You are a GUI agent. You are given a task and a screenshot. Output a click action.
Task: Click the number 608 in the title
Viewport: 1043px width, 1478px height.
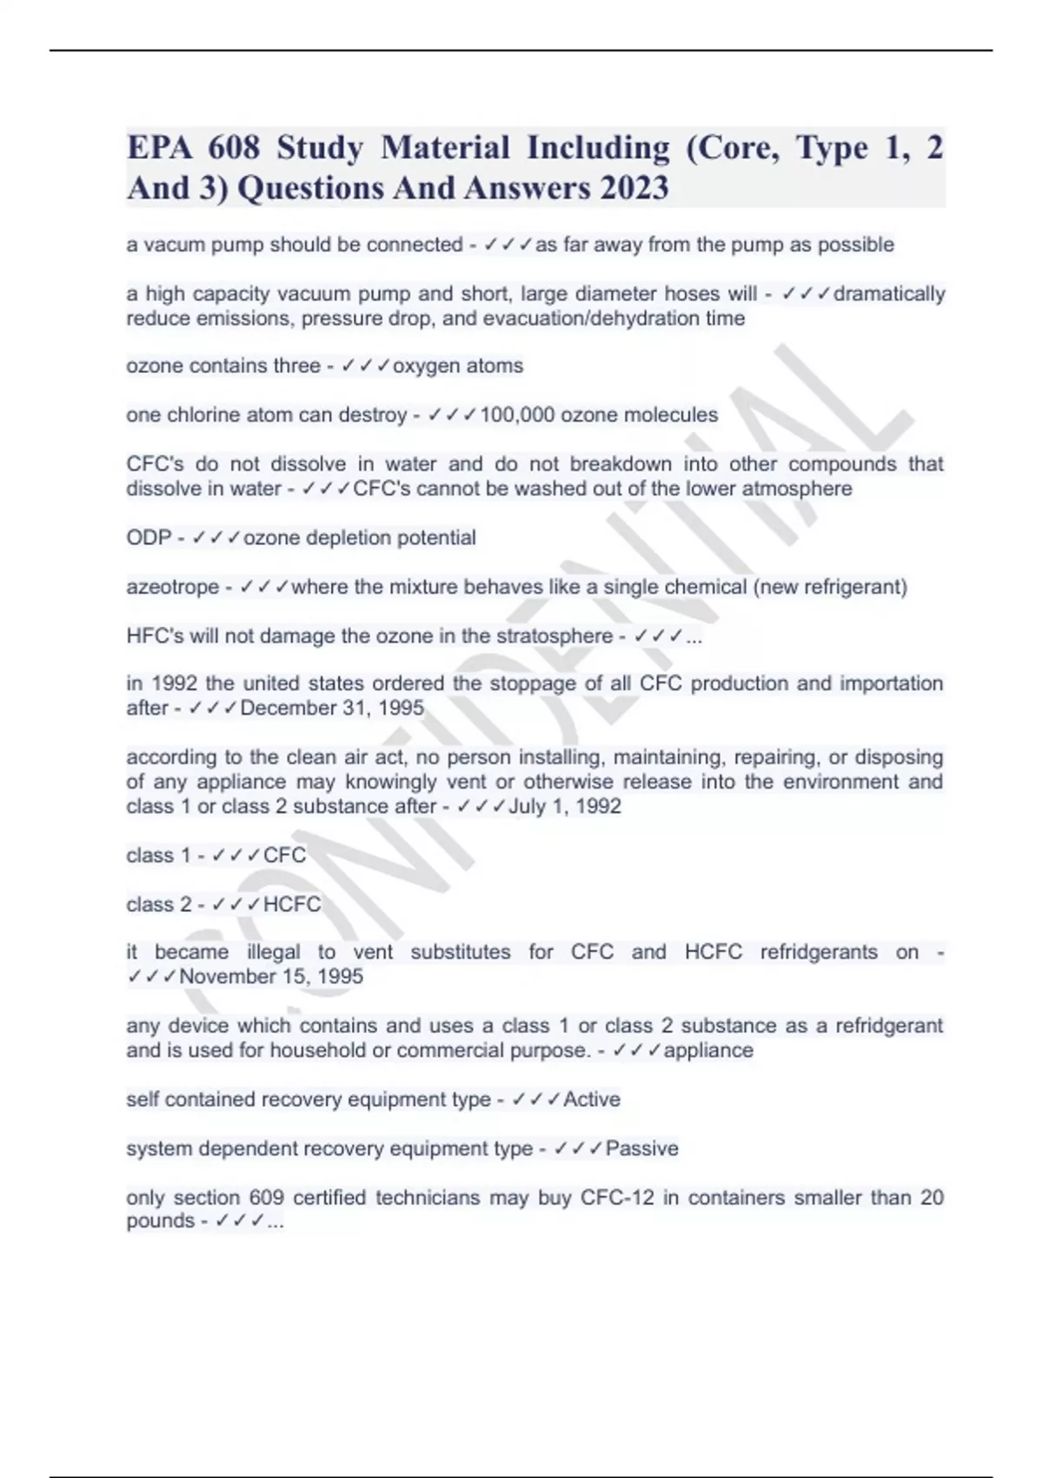(x=234, y=148)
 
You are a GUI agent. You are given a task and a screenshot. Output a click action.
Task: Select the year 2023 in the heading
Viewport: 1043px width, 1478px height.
(x=634, y=188)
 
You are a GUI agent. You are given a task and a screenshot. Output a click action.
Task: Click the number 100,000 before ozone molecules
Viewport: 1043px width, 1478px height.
(x=517, y=415)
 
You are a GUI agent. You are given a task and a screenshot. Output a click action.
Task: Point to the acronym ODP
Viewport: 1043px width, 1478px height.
(x=149, y=538)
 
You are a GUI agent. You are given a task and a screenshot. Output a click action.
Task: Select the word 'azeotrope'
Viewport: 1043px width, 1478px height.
(x=173, y=587)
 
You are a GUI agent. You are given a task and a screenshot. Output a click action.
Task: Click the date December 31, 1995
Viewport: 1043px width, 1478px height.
(x=332, y=708)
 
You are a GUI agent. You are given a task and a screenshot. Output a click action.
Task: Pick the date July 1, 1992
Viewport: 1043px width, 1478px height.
(x=565, y=806)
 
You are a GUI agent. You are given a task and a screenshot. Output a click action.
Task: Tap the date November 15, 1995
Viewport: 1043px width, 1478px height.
(x=271, y=976)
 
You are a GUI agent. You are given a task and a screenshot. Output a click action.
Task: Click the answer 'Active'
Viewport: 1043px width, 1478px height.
(x=592, y=1099)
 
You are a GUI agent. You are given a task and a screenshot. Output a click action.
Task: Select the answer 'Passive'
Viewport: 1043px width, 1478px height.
(x=641, y=1148)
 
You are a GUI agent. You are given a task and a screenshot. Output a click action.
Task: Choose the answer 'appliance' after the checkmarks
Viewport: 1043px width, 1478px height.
(x=708, y=1050)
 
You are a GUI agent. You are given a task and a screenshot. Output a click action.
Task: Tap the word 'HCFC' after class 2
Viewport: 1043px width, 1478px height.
(x=292, y=904)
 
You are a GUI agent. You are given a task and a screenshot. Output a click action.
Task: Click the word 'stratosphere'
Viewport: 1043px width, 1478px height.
(x=555, y=636)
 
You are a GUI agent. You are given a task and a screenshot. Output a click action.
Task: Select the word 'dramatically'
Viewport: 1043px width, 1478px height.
(x=889, y=294)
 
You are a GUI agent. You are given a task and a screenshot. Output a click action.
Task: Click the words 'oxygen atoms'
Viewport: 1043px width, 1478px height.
(x=458, y=366)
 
